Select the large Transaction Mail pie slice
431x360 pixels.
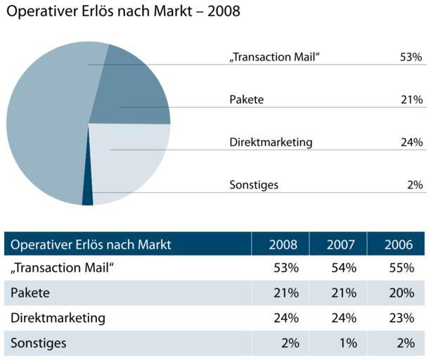(42, 127)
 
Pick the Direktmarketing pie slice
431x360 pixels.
(130, 158)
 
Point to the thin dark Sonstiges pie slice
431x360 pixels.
(88, 190)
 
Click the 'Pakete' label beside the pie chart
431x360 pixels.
(246, 100)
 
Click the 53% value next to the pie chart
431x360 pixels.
(411, 57)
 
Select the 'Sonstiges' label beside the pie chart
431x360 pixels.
(254, 185)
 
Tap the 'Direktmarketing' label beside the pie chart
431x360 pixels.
(271, 142)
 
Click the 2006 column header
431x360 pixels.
(399, 245)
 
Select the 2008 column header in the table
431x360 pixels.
(283, 245)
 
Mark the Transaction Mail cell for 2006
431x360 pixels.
(401, 268)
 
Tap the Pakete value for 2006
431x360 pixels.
(401, 292)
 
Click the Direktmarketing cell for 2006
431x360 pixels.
(401, 318)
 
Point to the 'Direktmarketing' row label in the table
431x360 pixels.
(58, 318)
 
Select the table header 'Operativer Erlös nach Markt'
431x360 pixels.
(91, 245)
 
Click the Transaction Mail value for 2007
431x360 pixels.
(344, 268)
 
